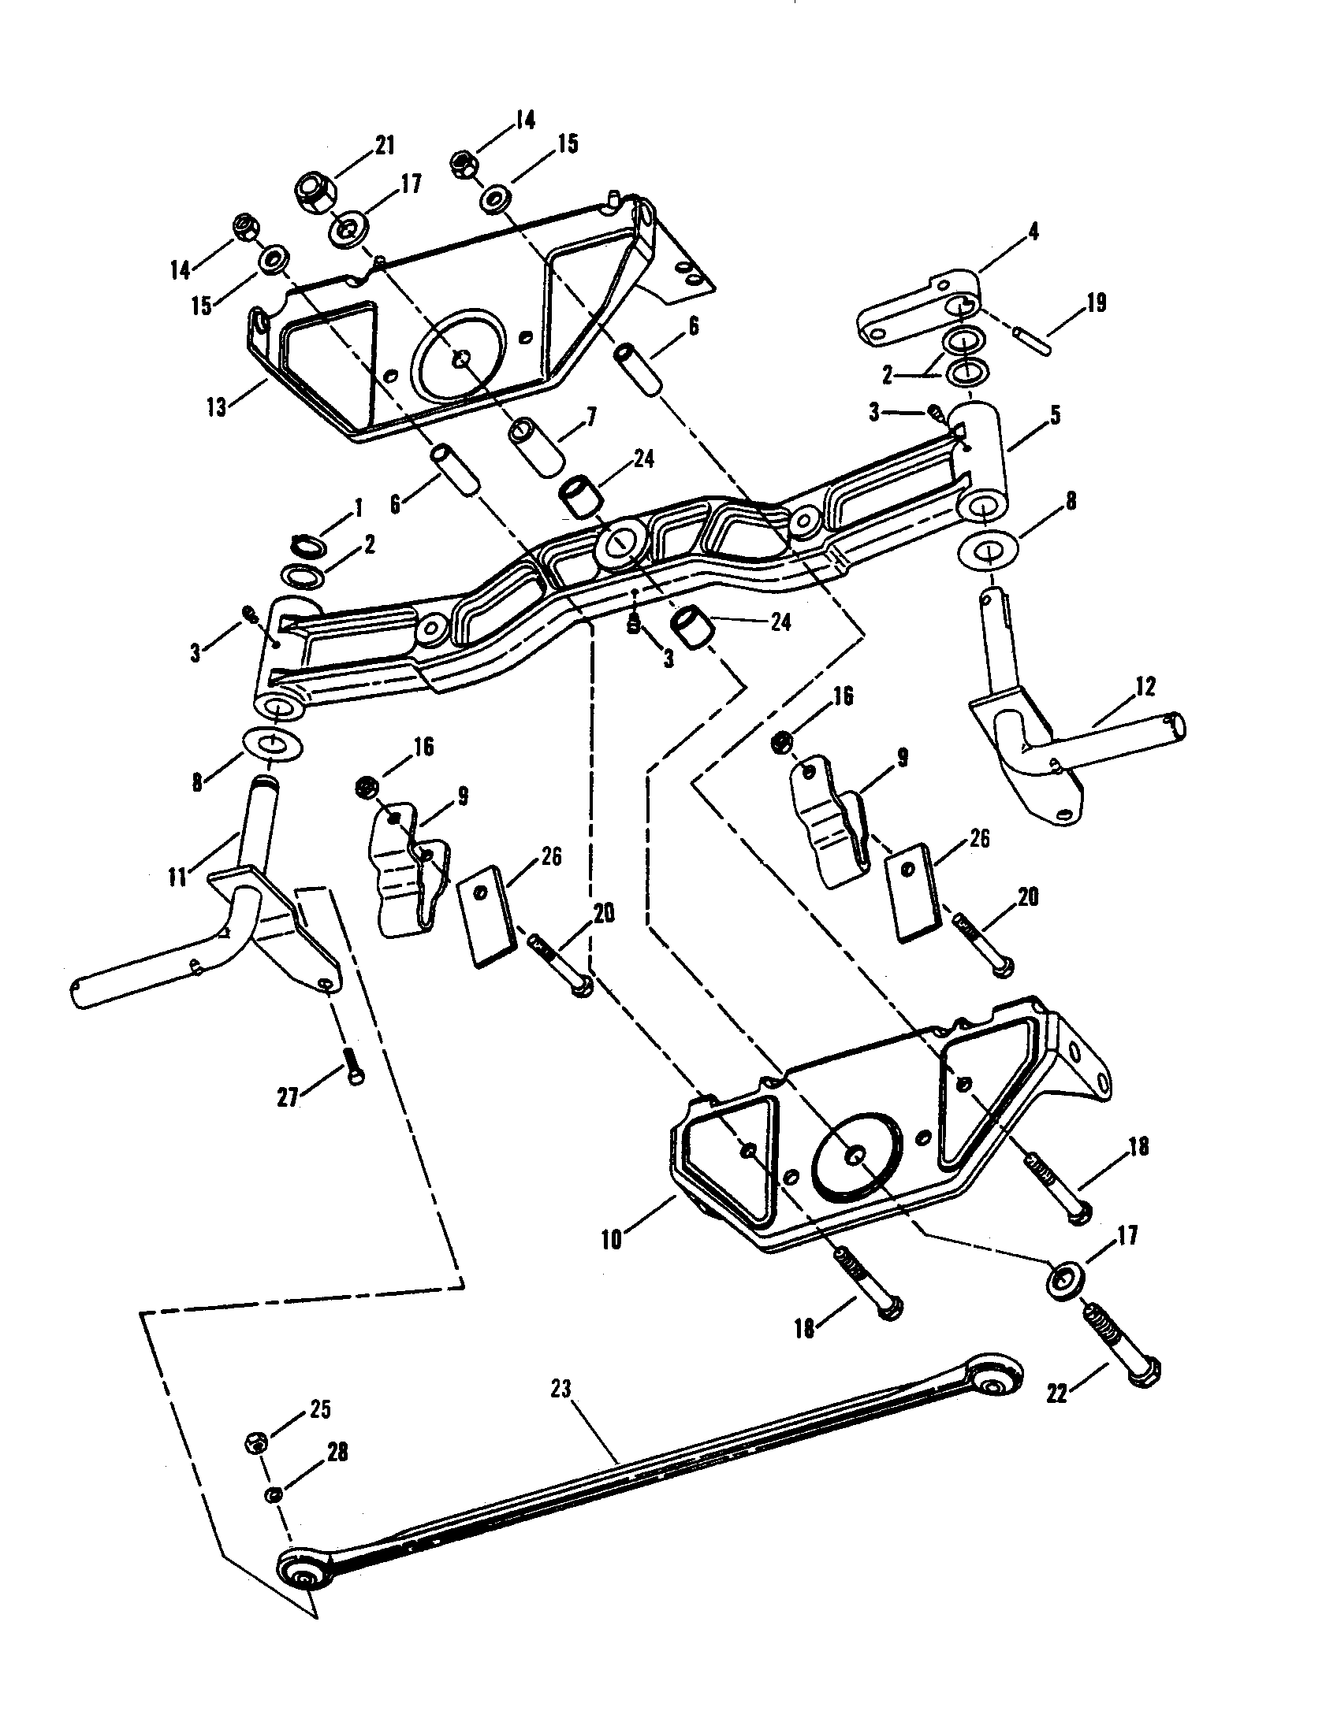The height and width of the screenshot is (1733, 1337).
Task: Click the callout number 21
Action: coord(384,146)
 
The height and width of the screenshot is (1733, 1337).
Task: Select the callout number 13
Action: coord(217,408)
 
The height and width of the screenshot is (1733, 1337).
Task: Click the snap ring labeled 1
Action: coord(308,545)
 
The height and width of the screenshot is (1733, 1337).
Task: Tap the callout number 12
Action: coord(1145,685)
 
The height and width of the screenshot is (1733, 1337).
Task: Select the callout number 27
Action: coord(288,1097)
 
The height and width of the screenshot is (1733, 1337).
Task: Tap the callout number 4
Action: coord(1032,232)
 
